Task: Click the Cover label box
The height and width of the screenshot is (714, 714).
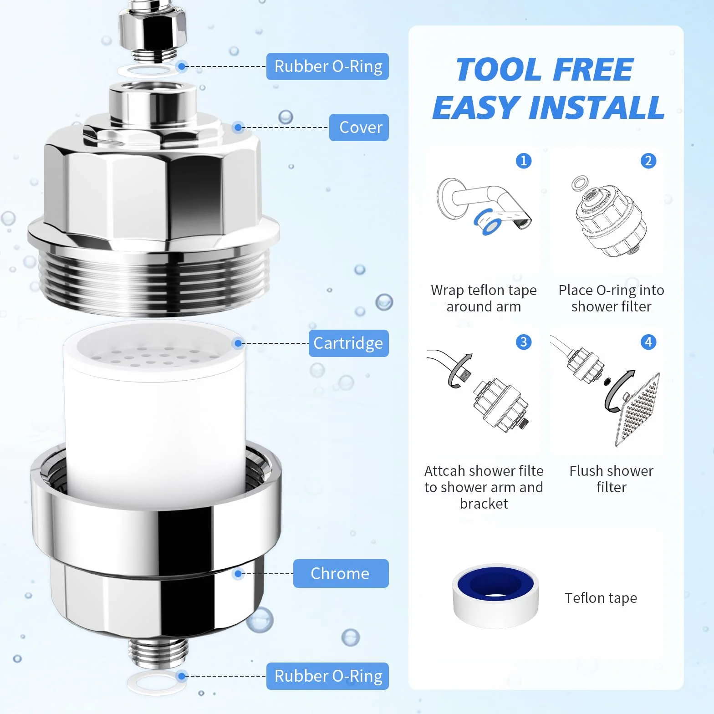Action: point(359,127)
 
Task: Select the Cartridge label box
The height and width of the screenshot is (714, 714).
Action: point(348,343)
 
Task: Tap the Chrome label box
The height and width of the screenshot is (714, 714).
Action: point(341,573)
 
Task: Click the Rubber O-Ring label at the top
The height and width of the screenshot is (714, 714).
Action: point(327,66)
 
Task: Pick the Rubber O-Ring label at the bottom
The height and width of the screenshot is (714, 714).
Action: point(327,676)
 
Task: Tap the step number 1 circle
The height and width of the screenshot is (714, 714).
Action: point(524,160)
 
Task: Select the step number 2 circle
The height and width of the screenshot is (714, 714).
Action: point(648,160)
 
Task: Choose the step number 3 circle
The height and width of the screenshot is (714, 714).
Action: point(524,342)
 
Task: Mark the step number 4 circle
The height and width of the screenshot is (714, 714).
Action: point(648,342)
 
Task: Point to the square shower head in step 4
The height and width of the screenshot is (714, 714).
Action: point(637,410)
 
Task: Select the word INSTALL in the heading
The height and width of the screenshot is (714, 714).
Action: point(596,108)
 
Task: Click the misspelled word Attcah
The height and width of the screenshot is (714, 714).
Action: point(444,471)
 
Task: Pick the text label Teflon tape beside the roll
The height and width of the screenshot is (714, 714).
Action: point(601,598)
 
